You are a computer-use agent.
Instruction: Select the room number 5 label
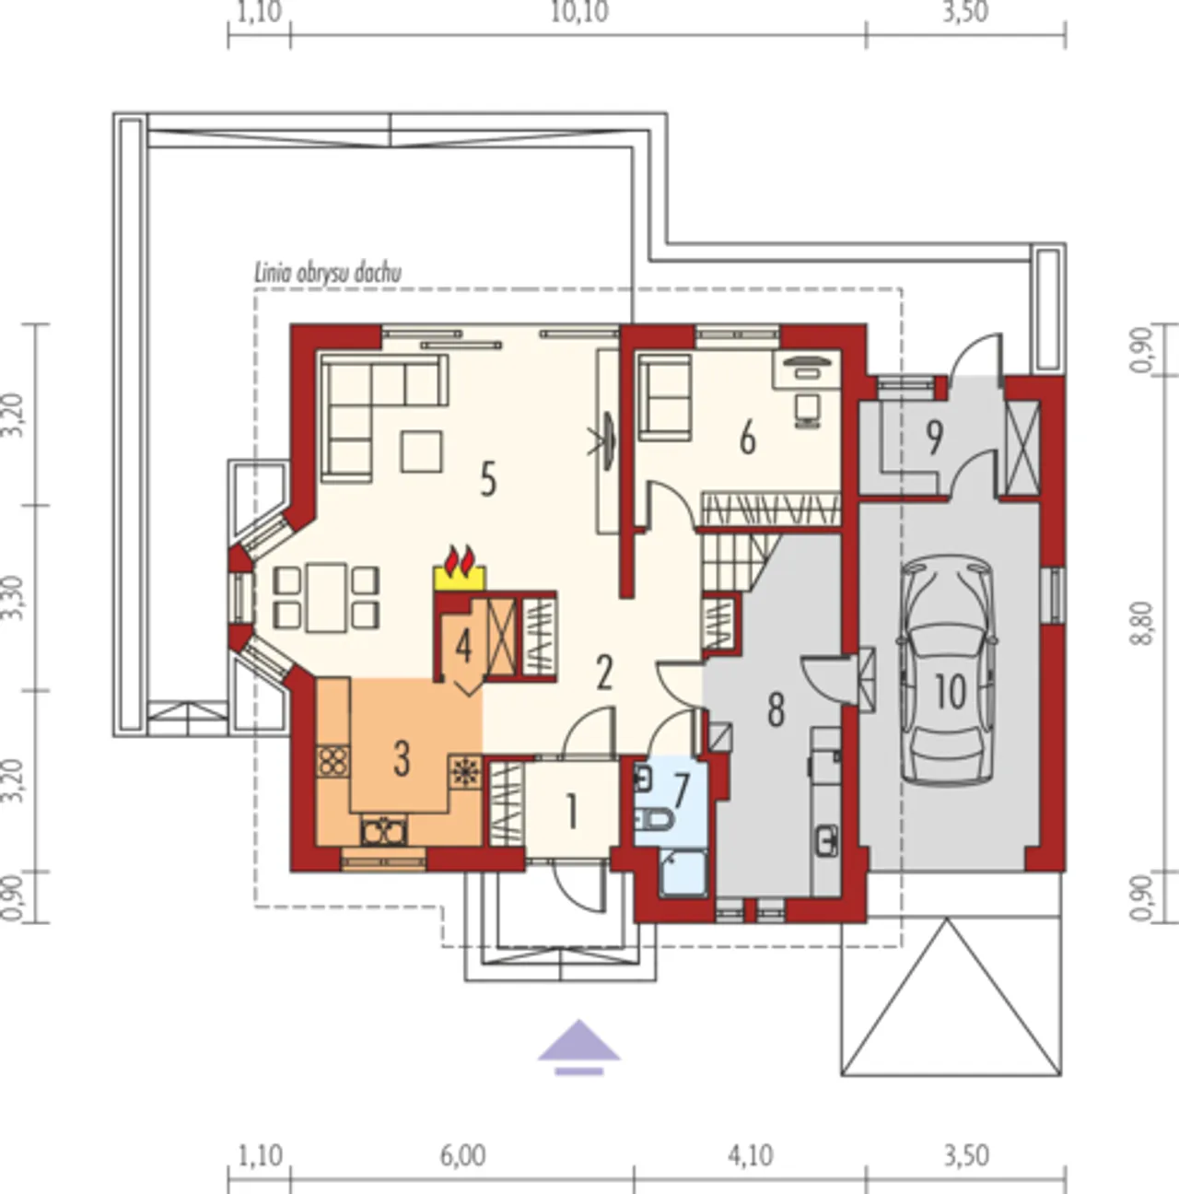coord(488,480)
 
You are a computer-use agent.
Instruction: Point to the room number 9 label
coord(933,437)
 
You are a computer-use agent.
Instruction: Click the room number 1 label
coord(571,811)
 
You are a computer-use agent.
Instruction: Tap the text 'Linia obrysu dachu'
coord(328,274)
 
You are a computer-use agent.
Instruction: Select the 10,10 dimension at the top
coord(579,12)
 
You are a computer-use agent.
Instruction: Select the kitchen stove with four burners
coord(333,762)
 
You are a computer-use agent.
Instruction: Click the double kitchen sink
coord(384,830)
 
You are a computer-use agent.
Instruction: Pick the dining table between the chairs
coord(326,597)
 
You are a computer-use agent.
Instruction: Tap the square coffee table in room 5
coord(422,451)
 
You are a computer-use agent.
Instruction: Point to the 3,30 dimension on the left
coord(13,597)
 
